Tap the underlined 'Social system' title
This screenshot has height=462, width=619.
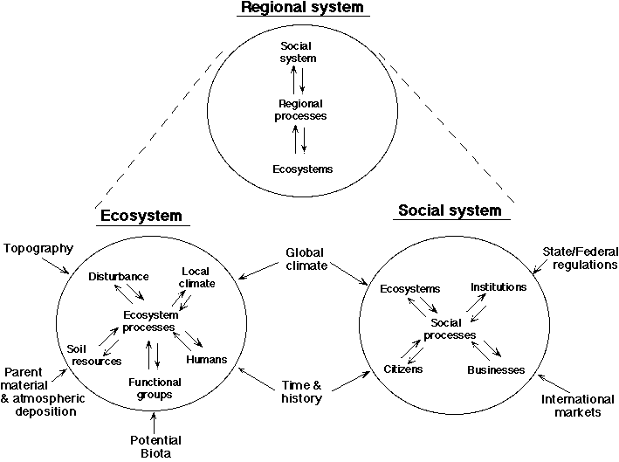click(449, 210)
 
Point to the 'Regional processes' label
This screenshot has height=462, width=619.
click(300, 109)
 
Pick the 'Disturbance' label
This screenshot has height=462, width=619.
click(119, 277)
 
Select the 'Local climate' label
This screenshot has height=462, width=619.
click(197, 277)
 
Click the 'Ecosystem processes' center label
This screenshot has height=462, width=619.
click(146, 321)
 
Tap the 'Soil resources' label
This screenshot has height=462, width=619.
click(88, 355)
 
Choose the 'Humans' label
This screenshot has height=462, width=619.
click(207, 360)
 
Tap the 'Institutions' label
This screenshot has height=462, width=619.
click(499, 286)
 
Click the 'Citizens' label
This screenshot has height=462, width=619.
click(403, 369)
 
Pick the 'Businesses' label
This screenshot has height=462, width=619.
click(496, 370)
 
